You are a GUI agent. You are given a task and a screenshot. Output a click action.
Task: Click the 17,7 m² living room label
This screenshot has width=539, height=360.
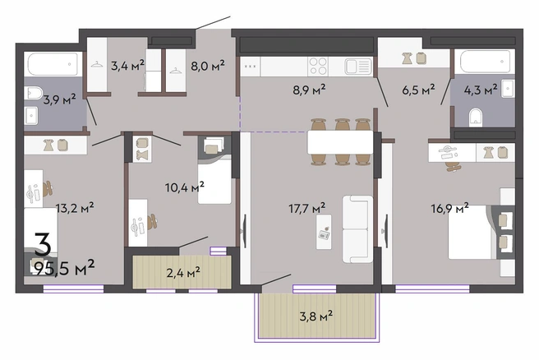[x=307, y=208]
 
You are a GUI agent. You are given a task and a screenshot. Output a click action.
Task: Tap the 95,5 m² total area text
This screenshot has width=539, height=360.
[x=65, y=267]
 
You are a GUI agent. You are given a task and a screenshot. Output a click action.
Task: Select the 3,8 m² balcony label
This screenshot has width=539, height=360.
[x=316, y=316]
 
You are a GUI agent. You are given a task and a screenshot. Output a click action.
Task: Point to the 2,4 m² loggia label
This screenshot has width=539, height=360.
[x=183, y=273]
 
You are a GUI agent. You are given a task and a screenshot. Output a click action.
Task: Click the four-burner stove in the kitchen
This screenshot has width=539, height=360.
[x=318, y=66]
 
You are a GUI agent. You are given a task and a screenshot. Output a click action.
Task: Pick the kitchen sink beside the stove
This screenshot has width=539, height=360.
[x=358, y=67]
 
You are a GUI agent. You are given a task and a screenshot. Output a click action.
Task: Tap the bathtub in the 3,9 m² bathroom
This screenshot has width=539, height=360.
[x=53, y=64]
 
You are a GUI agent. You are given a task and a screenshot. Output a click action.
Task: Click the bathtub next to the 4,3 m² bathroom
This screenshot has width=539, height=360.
[x=485, y=61]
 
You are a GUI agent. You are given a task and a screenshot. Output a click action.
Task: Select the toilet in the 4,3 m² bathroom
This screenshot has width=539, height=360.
[x=476, y=118]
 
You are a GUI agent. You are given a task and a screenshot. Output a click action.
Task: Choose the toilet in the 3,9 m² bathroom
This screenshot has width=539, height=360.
[x=35, y=93]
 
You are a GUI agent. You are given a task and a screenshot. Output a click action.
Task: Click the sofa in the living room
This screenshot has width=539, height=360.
[x=357, y=229]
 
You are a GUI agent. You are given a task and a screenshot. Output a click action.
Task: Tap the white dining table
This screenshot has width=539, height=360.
[x=340, y=142]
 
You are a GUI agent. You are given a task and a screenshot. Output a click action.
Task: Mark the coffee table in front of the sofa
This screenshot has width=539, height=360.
[x=324, y=232]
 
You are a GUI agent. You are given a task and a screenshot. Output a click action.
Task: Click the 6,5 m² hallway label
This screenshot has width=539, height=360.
[x=418, y=90]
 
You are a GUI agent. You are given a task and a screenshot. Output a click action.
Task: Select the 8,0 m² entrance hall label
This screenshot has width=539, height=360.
[x=208, y=65]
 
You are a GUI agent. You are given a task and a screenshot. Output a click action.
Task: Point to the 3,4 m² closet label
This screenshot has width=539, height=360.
[x=127, y=65]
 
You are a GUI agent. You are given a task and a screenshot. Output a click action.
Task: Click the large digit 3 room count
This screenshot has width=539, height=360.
[x=43, y=244]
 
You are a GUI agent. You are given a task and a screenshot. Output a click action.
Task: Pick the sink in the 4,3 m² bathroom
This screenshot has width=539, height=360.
[x=508, y=89]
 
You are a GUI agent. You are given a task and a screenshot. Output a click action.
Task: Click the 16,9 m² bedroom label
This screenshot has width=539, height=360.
[x=450, y=209]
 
